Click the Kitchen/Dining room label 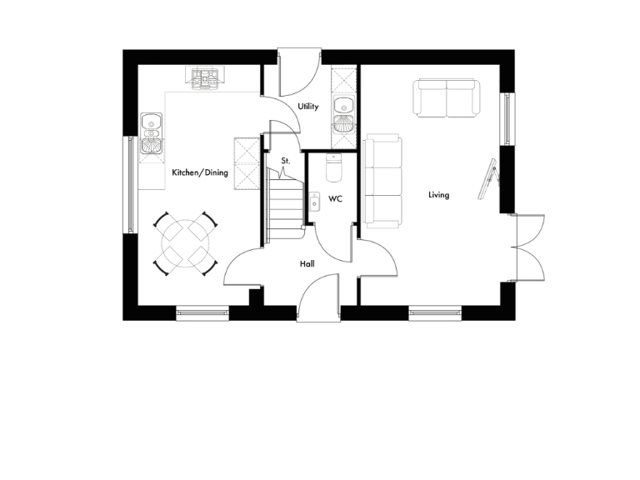[x=200, y=172]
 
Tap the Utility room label [x=308, y=107]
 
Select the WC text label [x=336, y=199]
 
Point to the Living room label [x=438, y=195]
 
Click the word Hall [x=307, y=264]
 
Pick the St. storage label [x=285, y=160]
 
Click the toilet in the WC [x=335, y=168]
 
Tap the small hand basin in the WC [x=314, y=200]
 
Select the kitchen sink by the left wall [x=151, y=133]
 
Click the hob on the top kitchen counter [x=205, y=77]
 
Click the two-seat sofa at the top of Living [x=447, y=98]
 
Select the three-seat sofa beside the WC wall [x=382, y=181]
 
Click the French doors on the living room [x=529, y=247]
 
